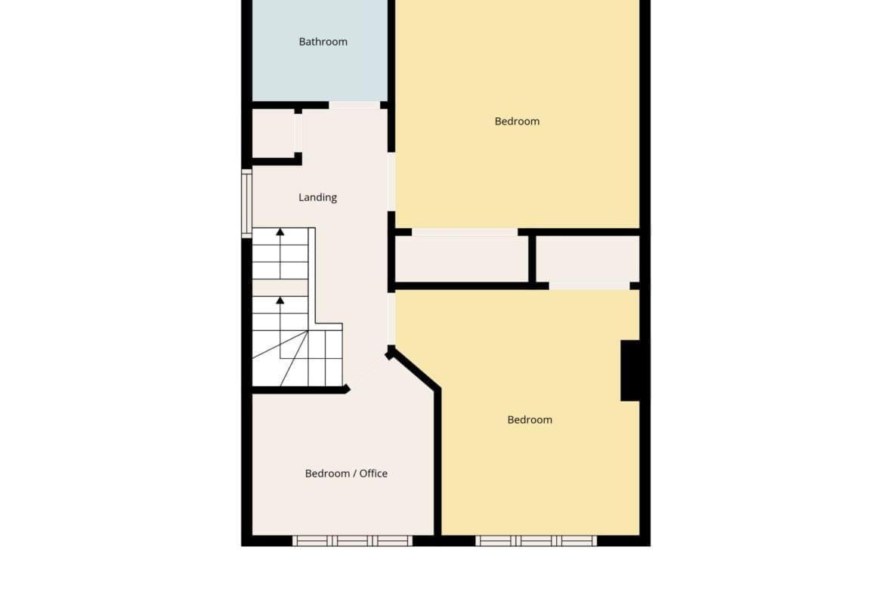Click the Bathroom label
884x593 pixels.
tap(323, 42)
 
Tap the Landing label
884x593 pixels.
tap(317, 197)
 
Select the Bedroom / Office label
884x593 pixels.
tap(346, 474)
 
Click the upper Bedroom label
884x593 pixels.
tap(517, 121)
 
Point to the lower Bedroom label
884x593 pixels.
tap(530, 420)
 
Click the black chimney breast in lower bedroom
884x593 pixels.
tap(631, 370)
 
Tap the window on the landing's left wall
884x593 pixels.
tap(246, 203)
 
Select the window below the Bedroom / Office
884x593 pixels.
tap(352, 541)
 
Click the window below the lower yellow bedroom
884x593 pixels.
tap(536, 541)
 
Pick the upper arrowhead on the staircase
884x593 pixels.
tap(280, 232)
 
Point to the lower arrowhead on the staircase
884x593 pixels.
tap(280, 301)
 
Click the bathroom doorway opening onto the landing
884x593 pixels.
tap(354, 106)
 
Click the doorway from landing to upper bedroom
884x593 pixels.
tap(391, 181)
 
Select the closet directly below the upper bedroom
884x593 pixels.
tap(462, 259)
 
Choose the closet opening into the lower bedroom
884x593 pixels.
tap(588, 259)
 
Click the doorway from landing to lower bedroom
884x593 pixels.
tap(391, 319)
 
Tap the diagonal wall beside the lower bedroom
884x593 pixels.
tap(413, 369)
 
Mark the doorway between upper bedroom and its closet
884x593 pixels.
tap(465, 232)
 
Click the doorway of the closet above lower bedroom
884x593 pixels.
tap(589, 286)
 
